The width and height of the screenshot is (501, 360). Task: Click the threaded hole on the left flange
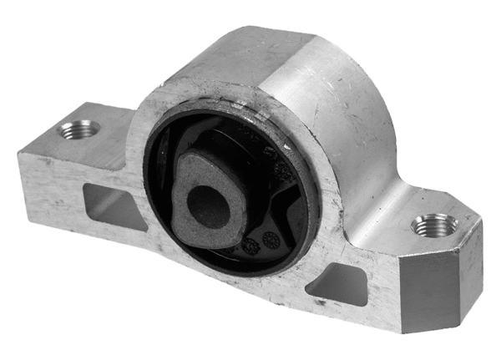79,130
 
